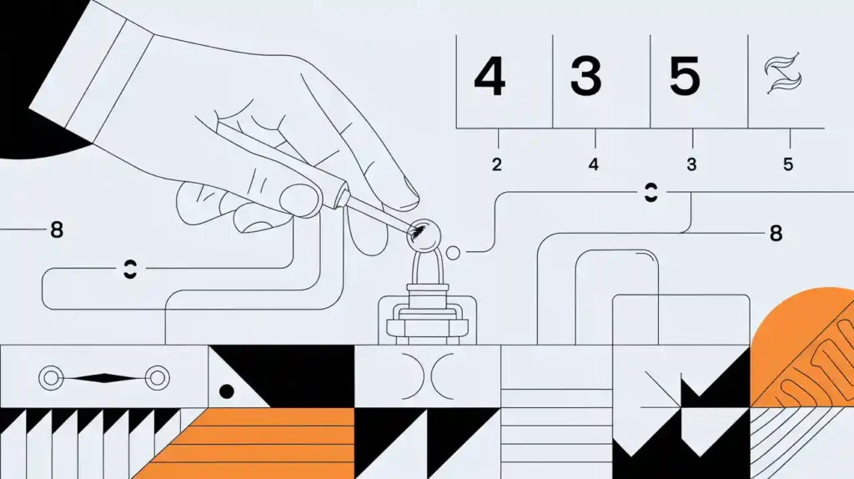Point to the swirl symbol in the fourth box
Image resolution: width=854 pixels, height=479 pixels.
(784, 78)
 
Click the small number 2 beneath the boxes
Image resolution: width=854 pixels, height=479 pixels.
(497, 164)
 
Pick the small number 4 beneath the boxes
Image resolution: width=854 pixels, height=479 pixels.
(594, 164)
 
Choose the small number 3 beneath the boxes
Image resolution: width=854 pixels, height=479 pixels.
(691, 164)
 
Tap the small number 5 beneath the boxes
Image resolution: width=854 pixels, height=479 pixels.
(788, 164)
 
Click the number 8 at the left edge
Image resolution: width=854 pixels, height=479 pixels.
(57, 229)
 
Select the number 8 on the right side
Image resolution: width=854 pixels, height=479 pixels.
(776, 234)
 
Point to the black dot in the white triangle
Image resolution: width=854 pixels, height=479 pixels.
(224, 390)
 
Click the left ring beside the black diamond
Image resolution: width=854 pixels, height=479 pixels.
(50, 378)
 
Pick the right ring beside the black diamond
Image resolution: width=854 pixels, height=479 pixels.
(154, 378)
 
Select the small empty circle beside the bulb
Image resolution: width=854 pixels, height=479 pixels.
(454, 251)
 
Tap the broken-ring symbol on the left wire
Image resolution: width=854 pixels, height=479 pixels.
(129, 269)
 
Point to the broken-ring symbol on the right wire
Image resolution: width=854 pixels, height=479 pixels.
(650, 194)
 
